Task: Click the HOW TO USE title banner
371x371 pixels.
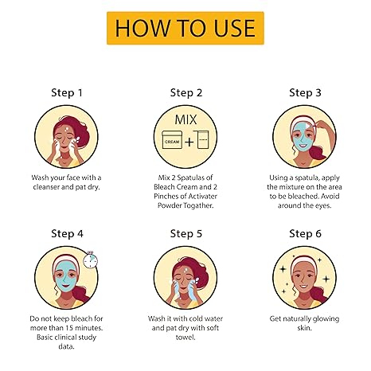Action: click(185, 28)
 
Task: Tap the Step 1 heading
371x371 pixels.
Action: click(67, 93)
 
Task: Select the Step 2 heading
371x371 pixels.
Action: click(186, 93)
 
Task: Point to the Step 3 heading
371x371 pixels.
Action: click(305, 93)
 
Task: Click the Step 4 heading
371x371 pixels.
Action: click(67, 234)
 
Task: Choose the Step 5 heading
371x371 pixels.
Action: click(186, 234)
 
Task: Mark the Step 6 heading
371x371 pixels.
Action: click(305, 234)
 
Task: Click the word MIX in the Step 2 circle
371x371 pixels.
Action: click(185, 119)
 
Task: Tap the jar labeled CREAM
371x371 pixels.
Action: click(172, 139)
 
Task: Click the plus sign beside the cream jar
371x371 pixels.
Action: click(189, 142)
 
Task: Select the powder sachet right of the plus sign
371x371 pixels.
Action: click(201, 139)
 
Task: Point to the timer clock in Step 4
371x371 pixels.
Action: click(90, 260)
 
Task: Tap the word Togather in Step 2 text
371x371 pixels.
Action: click(198, 205)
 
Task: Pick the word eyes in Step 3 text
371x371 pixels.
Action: click(323, 206)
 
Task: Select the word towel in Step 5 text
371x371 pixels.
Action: click(185, 338)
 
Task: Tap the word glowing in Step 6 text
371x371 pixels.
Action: click(326, 319)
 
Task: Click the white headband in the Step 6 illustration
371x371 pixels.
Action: click(304, 260)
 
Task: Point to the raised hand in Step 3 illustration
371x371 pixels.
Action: click(322, 125)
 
